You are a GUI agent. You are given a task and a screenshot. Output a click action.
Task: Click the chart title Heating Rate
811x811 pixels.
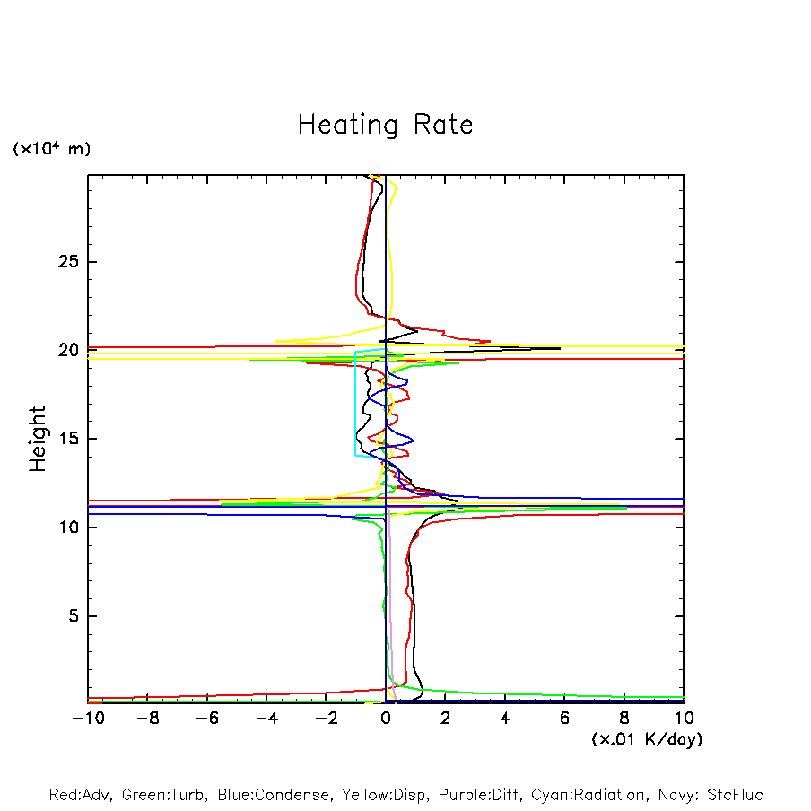pyautogui.click(x=385, y=125)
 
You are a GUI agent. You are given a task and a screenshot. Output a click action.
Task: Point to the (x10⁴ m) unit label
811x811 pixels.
pyautogui.click(x=51, y=149)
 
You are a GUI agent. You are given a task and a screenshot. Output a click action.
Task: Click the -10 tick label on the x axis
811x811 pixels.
pyautogui.click(x=87, y=718)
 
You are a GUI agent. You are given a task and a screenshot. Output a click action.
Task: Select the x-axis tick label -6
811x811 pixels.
pyautogui.click(x=206, y=718)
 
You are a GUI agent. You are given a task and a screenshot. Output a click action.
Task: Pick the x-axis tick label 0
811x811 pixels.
pyautogui.click(x=386, y=718)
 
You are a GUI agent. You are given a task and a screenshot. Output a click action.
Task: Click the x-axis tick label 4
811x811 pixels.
pyautogui.click(x=505, y=718)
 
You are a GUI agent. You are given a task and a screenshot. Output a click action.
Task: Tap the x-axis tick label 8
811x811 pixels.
pyautogui.click(x=624, y=718)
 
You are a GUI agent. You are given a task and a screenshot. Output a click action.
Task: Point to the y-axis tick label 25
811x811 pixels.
pyautogui.click(x=63, y=262)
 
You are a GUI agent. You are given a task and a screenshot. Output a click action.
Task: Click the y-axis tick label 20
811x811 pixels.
pyautogui.click(x=63, y=350)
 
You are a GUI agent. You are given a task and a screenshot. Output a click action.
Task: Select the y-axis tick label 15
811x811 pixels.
pyautogui.click(x=63, y=439)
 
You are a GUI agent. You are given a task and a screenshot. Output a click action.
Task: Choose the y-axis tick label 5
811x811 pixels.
pyautogui.click(x=68, y=616)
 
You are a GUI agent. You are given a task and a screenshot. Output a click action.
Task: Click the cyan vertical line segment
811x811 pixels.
pyautogui.click(x=355, y=404)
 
